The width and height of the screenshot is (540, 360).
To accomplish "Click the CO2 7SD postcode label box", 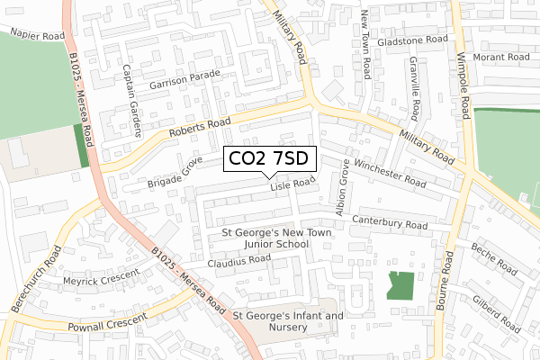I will coord(268,158).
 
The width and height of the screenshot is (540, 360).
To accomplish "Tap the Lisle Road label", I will coord(292,184).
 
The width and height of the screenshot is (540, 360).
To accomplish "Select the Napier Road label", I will coord(38,34).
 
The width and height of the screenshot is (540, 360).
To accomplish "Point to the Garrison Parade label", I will coord(185,80).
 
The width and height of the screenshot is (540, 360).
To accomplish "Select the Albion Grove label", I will coord(342,188).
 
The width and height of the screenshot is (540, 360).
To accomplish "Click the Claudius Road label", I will coord(238,259).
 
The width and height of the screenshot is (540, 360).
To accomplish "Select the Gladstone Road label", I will coord(412,40).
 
